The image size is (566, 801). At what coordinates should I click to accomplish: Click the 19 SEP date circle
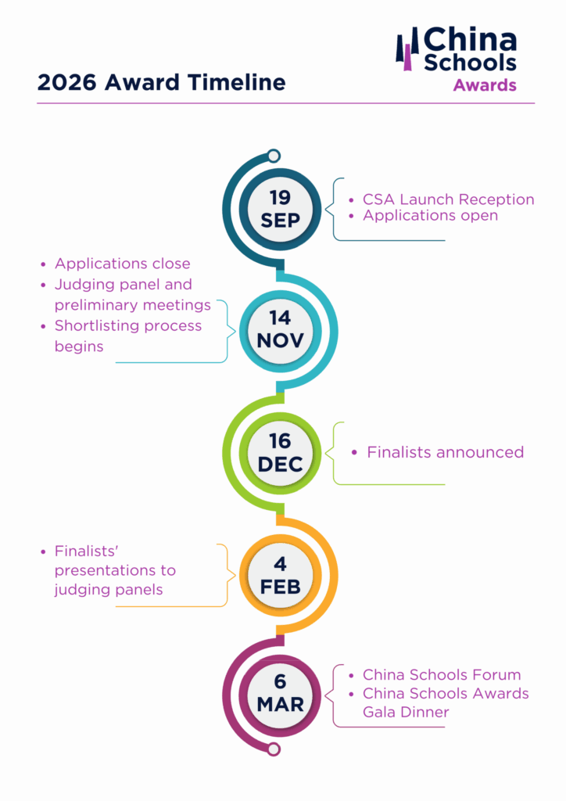click(x=280, y=209)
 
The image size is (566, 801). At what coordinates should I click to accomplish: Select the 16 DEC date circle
click(x=280, y=453)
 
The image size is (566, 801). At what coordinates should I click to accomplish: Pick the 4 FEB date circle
click(x=280, y=575)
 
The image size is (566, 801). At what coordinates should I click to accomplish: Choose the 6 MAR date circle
click(x=280, y=693)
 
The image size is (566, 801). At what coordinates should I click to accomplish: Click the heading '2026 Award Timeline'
click(x=161, y=83)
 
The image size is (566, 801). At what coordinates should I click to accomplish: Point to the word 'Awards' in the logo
click(x=485, y=84)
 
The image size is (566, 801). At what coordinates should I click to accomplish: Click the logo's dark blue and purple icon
click(x=407, y=49)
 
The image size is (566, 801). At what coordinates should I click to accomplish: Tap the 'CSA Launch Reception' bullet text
click(x=448, y=199)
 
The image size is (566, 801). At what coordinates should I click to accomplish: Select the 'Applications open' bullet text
click(x=430, y=215)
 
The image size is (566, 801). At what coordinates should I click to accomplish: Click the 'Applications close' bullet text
click(x=122, y=264)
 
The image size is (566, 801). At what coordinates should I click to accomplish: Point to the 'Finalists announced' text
click(x=445, y=452)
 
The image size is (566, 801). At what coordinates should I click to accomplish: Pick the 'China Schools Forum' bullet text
click(x=441, y=674)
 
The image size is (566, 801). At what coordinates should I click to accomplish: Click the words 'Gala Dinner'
click(x=406, y=712)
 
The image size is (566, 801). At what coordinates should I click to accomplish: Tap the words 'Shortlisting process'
click(x=127, y=325)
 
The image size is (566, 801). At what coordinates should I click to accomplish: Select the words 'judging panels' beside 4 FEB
click(x=109, y=590)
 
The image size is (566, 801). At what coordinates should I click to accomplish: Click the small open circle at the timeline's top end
click(x=274, y=156)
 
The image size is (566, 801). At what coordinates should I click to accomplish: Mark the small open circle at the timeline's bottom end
click(x=274, y=749)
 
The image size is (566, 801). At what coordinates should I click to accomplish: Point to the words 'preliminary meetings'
click(x=132, y=305)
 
